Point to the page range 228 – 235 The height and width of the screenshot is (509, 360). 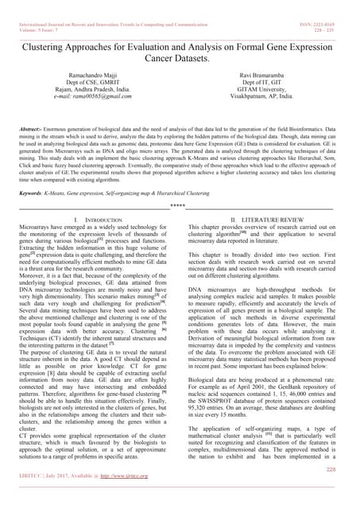point(336,14)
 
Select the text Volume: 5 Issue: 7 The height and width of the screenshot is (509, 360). point(35,14)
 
